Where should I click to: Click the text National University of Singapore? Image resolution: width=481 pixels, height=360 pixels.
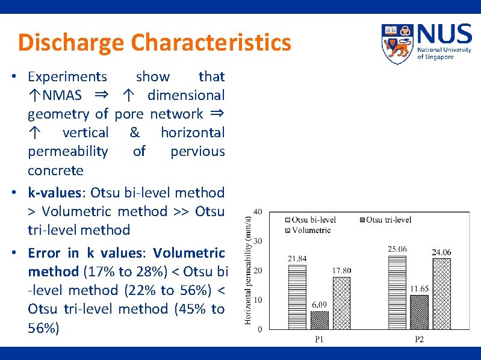tap(444, 53)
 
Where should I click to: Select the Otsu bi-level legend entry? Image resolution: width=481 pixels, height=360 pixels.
tap(310, 220)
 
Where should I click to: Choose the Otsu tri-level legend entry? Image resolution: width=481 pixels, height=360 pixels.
tap(385, 220)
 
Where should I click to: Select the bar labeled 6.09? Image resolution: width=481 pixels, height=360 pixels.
tap(319, 320)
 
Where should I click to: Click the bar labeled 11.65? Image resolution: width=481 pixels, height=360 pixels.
tap(419, 312)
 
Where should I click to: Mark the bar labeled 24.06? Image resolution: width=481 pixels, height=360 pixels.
tap(441, 294)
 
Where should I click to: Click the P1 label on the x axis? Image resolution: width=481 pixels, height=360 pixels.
tap(319, 340)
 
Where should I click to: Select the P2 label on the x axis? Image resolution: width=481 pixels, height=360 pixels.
tap(419, 340)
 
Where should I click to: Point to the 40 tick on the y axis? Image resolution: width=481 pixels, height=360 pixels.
tap(258, 212)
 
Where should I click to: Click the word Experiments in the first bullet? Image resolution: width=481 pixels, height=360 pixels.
tap(67, 76)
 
